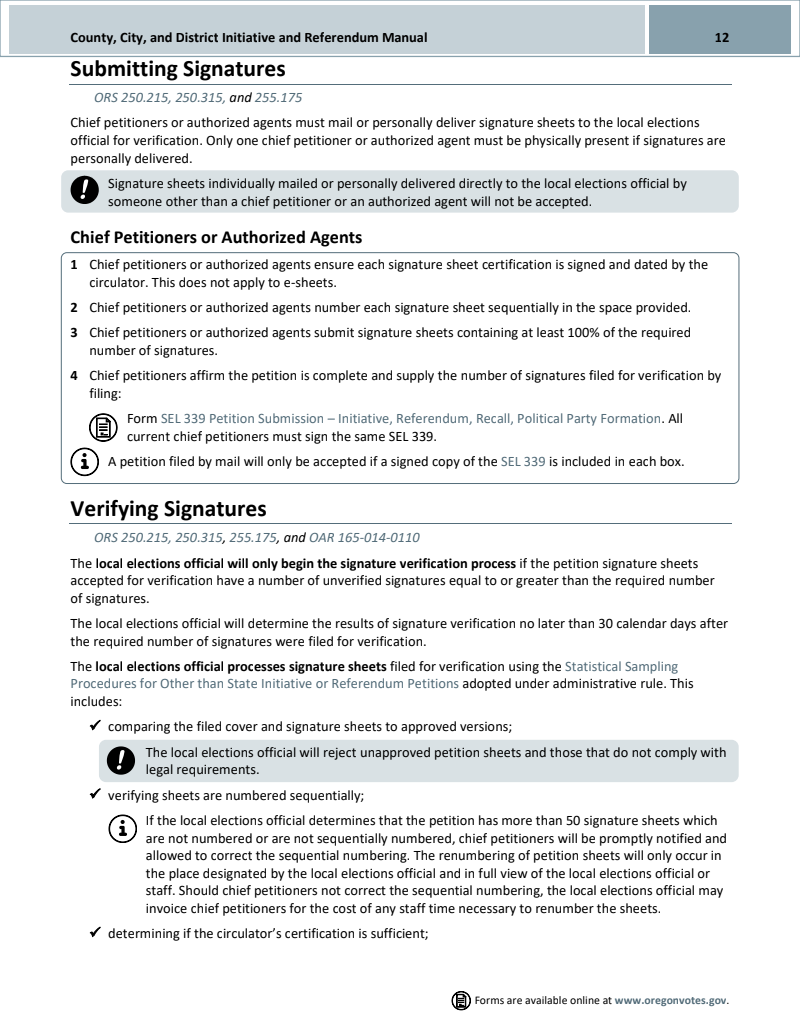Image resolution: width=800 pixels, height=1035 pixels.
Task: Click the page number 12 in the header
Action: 721,38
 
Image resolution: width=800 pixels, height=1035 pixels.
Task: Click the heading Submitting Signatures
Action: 177,69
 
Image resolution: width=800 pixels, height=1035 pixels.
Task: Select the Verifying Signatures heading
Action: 168,509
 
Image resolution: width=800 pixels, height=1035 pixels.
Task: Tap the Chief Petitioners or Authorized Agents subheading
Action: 216,237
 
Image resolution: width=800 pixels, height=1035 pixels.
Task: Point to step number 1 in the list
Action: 74,265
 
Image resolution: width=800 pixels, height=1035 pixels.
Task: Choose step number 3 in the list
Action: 74,332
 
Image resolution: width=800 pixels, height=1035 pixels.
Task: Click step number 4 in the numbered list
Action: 74,376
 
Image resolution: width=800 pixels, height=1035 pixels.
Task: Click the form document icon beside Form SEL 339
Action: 103,427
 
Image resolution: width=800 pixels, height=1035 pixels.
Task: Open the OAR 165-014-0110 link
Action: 364,537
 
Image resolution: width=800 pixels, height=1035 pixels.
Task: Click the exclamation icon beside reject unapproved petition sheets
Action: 122,761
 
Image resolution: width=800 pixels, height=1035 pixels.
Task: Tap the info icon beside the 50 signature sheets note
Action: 122,827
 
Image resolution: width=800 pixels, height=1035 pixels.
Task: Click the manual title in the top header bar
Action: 249,38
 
